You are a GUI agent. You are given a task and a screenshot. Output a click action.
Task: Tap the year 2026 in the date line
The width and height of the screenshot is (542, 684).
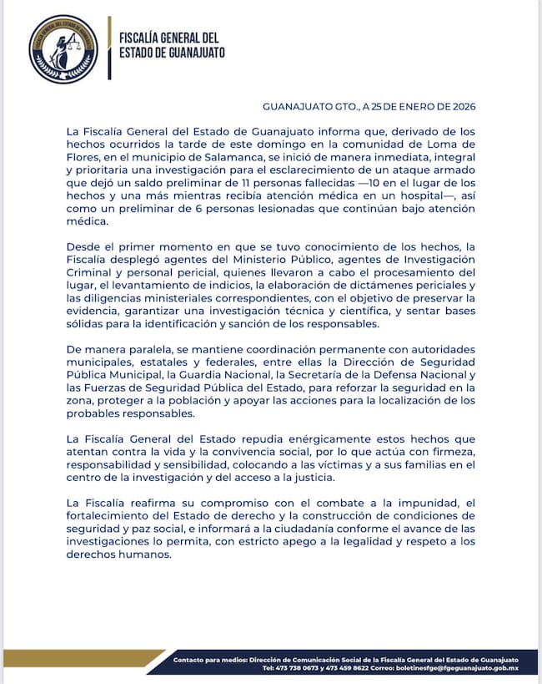(x=459, y=108)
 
